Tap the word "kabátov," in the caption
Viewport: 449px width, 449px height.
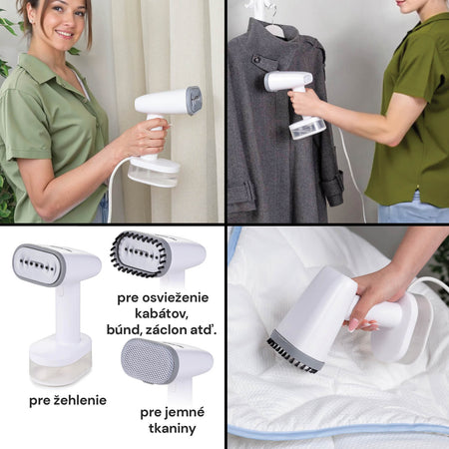(162, 313)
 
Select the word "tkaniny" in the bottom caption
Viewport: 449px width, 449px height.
(173, 428)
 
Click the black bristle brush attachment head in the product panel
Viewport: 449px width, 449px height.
(141, 253)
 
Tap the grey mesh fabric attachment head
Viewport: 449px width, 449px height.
(150, 361)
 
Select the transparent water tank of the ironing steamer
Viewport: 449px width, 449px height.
(61, 368)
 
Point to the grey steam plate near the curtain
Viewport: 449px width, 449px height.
(194, 101)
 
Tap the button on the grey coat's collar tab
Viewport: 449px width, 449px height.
(257, 60)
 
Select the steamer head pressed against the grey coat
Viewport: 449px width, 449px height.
(288, 81)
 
